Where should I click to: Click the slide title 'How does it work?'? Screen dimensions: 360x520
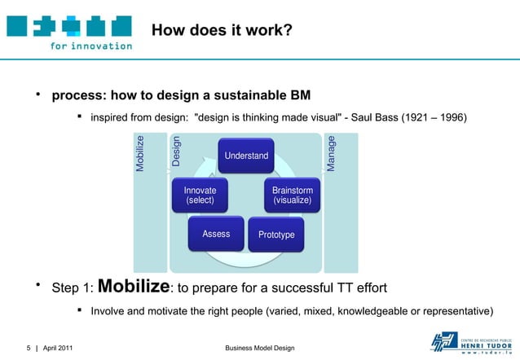point(222,31)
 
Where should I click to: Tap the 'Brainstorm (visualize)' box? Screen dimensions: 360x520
point(292,195)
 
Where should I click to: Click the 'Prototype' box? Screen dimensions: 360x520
point(276,235)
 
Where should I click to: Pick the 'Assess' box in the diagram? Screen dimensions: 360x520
point(216,234)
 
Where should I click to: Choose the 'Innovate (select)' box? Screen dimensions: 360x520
point(200,195)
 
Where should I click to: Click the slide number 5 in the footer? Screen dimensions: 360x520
point(28,349)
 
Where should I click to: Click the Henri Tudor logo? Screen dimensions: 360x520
point(461,342)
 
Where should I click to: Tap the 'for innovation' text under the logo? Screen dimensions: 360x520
point(90,46)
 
